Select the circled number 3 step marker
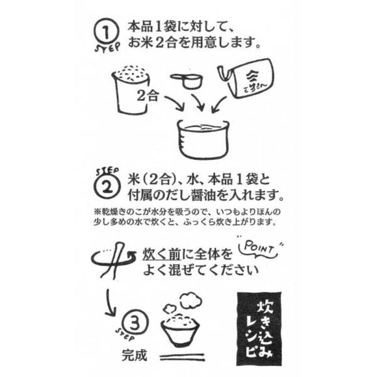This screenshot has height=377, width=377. click(x=131, y=321)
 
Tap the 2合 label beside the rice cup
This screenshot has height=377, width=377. click(x=149, y=96)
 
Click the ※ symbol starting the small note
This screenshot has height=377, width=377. click(x=98, y=212)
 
